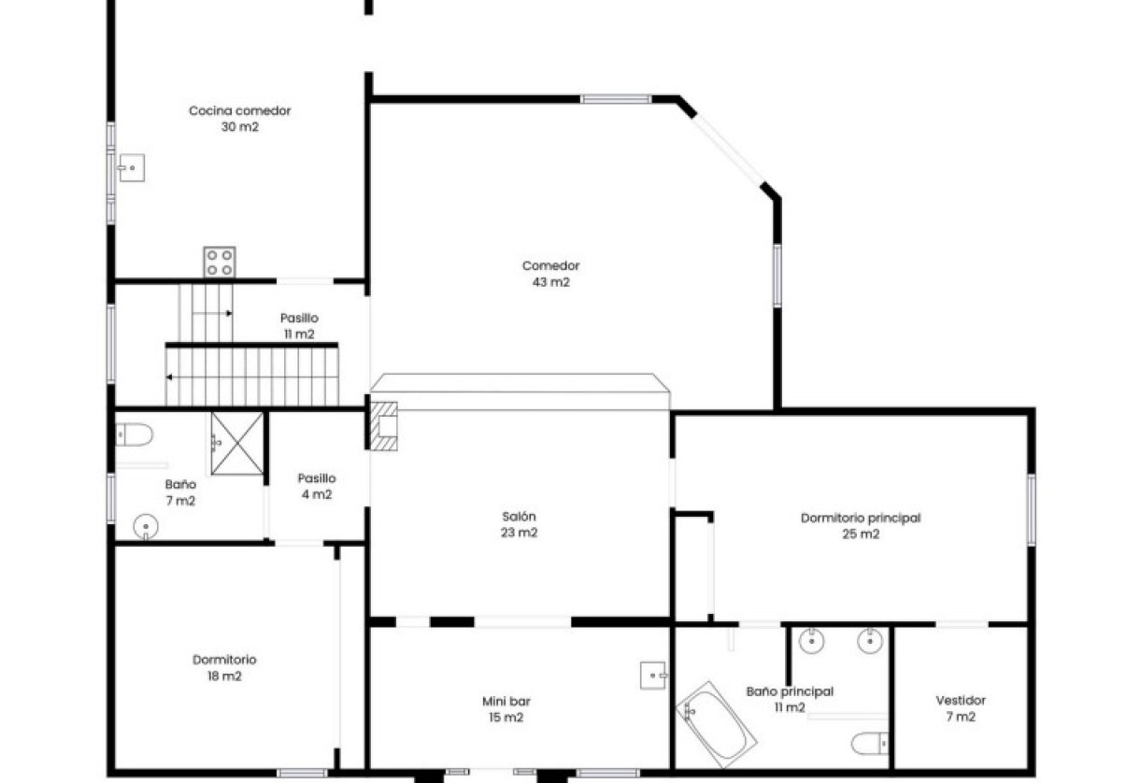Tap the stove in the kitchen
coord(220,262)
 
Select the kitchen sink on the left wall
coord(132,169)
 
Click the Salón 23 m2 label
coord(521,524)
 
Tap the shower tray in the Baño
coord(237,442)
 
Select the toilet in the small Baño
coord(136,434)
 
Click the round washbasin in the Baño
coord(146,528)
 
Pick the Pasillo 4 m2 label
coord(316,486)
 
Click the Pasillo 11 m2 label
coord(299,326)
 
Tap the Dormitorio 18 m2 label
coord(224,668)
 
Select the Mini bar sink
coord(653,674)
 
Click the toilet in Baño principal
coord(868,743)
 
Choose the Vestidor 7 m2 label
coord(961,708)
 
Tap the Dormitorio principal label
coord(861,526)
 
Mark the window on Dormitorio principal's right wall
coord(1031,509)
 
